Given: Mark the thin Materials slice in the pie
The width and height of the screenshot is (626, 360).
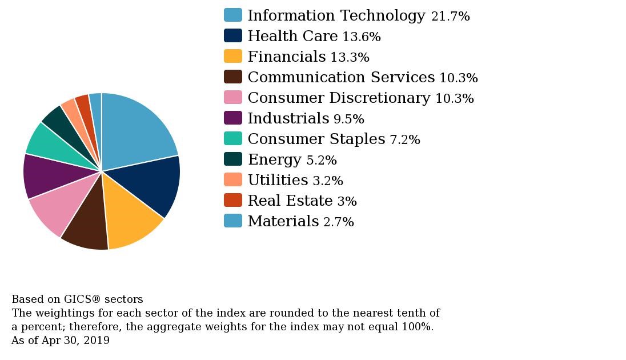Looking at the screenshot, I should [96, 114].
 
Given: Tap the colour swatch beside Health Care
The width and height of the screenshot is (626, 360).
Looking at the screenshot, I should [232, 35].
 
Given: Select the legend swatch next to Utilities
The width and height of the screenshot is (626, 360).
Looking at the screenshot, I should [232, 179].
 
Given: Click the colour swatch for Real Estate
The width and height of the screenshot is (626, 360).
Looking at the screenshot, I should [232, 200].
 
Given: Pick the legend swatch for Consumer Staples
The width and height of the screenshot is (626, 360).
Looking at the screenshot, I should [232, 138].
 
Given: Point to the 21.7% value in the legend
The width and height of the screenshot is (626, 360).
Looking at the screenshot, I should [450, 17].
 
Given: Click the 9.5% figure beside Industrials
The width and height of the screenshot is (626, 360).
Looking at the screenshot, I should [348, 119].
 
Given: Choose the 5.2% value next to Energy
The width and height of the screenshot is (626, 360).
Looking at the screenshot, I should [321, 161].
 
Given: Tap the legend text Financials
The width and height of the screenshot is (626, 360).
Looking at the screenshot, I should [286, 57].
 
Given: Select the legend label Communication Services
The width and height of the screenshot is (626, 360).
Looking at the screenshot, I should [341, 77].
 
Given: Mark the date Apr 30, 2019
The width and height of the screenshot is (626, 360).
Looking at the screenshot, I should [75, 341].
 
